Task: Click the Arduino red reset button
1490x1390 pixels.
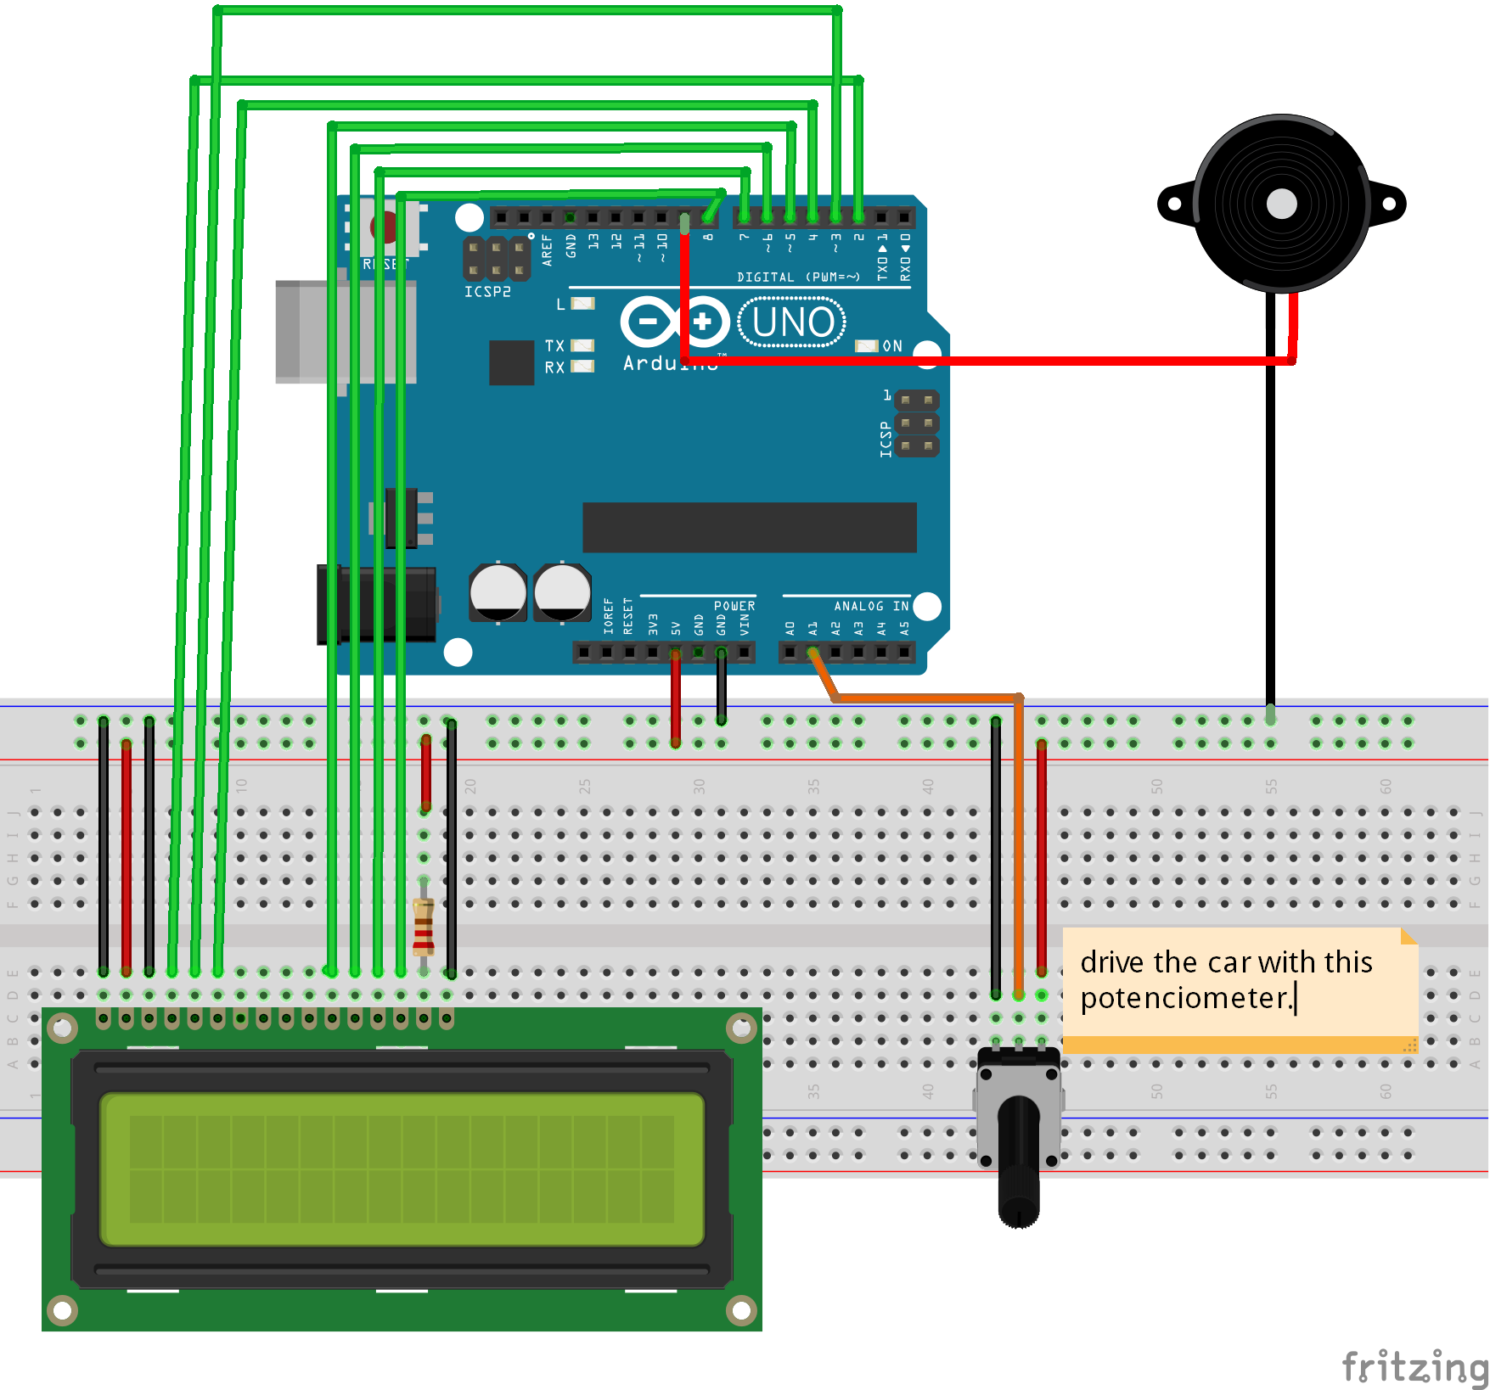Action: pos(383,227)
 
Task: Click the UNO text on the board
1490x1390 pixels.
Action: pos(793,322)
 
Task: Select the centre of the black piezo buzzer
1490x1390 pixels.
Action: pos(1281,204)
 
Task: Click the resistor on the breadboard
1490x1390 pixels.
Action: pos(423,927)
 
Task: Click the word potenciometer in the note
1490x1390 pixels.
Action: pos(1185,998)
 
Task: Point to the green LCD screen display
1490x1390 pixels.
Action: pos(402,1169)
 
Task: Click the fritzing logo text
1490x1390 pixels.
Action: pos(1414,1366)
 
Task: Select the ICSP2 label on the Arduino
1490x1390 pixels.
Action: pos(487,291)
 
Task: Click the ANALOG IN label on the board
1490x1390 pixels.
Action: pos(871,606)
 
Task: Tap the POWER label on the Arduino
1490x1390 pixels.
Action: pos(734,606)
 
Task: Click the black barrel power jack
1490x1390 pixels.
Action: pos(376,605)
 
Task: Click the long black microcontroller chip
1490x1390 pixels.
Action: pos(749,527)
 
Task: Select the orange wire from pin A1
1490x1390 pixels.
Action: pos(925,698)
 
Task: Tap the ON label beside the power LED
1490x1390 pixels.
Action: pos(892,345)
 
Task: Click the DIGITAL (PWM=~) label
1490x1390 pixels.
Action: pos(798,277)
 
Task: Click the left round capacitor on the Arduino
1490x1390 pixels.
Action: pos(498,591)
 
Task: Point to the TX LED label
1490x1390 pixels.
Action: pos(554,345)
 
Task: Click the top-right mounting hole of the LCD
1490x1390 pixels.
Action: pos(741,1028)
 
